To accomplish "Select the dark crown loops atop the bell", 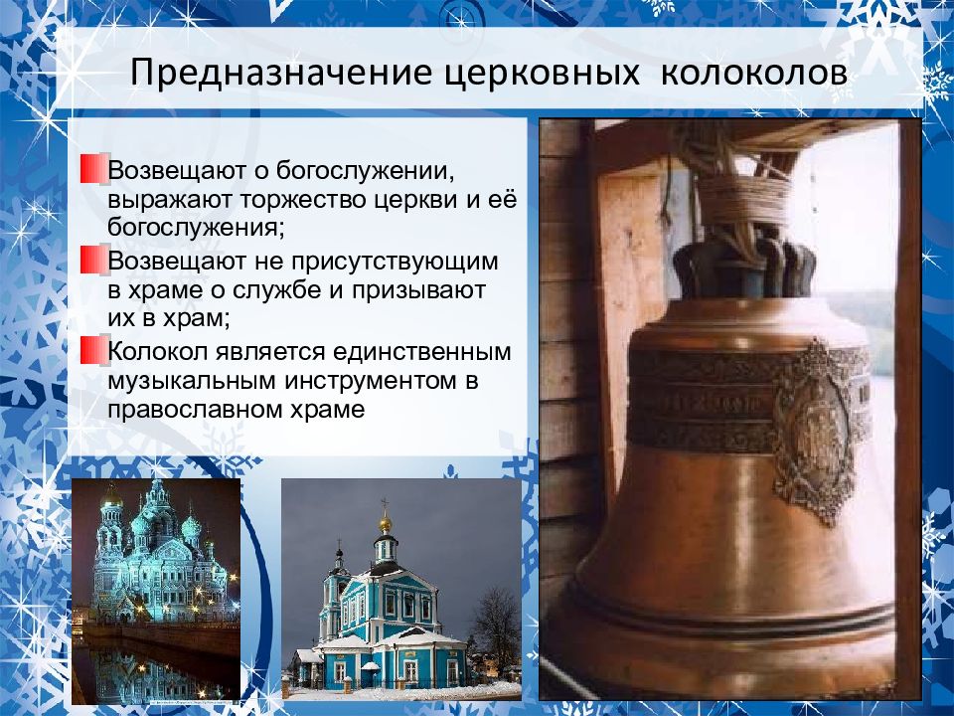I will point(745,267).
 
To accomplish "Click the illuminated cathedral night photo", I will point(156,589).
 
